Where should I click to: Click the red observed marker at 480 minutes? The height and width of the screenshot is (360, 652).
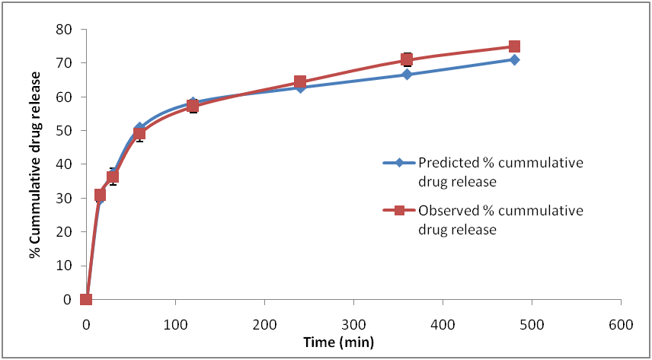514,46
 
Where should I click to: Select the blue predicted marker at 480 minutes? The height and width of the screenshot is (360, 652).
514,59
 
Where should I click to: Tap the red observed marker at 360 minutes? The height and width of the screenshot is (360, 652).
407,59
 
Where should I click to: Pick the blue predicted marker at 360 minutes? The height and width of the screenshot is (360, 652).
407,75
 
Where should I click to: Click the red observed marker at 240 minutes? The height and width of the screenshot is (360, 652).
300,81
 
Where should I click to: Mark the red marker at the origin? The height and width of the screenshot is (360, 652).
86,299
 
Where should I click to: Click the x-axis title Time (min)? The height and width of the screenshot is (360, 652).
337,342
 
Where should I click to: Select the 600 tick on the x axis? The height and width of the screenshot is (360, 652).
621,323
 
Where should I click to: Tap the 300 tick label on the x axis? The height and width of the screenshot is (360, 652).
353,323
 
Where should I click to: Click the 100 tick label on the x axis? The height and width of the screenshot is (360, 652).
175,323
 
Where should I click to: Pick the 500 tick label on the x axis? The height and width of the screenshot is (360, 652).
532,323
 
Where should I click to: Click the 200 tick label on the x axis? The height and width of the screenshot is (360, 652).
264,323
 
